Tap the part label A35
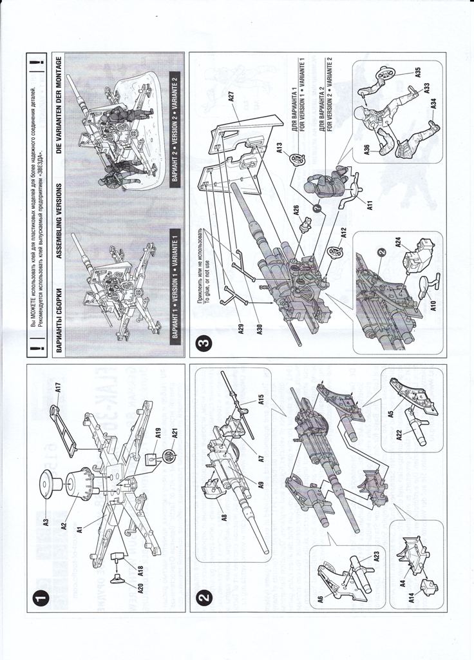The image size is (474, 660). click(x=417, y=72)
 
